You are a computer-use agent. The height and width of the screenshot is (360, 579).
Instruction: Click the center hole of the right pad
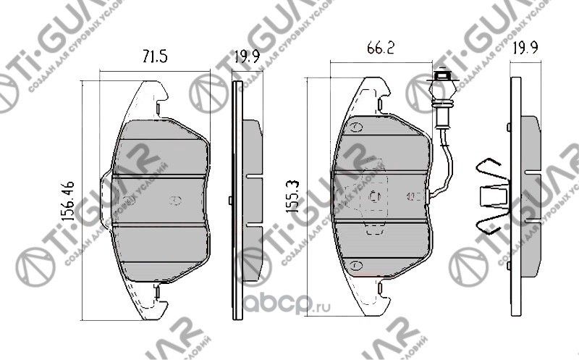point(373,196)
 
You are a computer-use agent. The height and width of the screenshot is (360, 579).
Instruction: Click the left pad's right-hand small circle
point(173,201)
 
